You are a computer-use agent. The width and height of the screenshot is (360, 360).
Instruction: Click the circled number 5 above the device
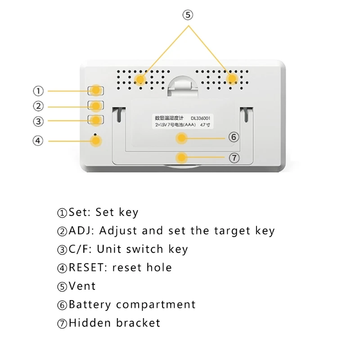point(188,15)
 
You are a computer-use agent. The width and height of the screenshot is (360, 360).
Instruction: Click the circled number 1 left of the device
point(38,91)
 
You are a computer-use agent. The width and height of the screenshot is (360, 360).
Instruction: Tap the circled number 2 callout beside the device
point(38,107)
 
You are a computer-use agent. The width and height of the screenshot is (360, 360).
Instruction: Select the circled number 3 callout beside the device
point(38,121)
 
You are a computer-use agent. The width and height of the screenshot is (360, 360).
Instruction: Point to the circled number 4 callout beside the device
point(38,141)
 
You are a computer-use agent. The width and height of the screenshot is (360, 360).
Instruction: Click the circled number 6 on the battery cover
point(233,137)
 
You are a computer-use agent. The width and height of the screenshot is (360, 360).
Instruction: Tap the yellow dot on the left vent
point(140,79)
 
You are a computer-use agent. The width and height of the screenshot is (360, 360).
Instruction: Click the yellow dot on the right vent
point(232,79)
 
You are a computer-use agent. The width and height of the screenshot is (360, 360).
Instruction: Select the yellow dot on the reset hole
point(96,141)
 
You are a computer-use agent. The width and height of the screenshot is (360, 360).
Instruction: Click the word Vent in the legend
point(82,286)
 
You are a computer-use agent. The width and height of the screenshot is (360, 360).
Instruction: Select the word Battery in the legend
point(90,305)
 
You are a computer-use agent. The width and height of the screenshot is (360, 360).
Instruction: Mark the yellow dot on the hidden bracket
point(181,157)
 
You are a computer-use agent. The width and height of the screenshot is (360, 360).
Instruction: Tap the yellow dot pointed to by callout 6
point(181,138)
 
